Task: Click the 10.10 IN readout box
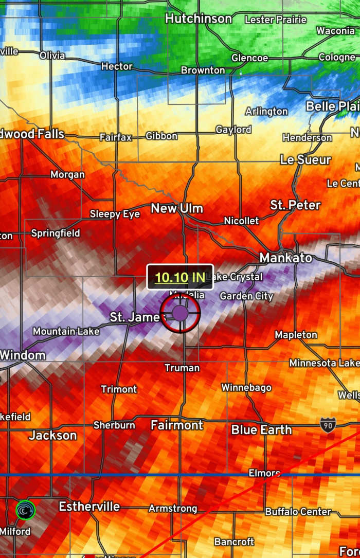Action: point(180,277)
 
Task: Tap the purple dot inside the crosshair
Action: point(180,313)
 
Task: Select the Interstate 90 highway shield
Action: point(328,424)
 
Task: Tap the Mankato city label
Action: point(285,257)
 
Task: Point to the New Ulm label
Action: point(176,208)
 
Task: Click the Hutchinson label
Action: point(198,19)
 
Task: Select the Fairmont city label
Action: point(176,425)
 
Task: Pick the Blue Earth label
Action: point(261,429)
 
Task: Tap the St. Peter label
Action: point(295,205)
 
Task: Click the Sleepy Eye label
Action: point(115,214)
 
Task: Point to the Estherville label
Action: point(89,507)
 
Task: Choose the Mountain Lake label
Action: point(66,332)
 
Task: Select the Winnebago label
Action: point(246,387)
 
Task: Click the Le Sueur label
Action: point(305,160)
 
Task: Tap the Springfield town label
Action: point(56,233)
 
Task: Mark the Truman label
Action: point(182,368)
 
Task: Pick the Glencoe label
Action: point(249,58)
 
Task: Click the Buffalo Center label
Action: point(298,512)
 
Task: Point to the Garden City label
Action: point(246,296)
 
